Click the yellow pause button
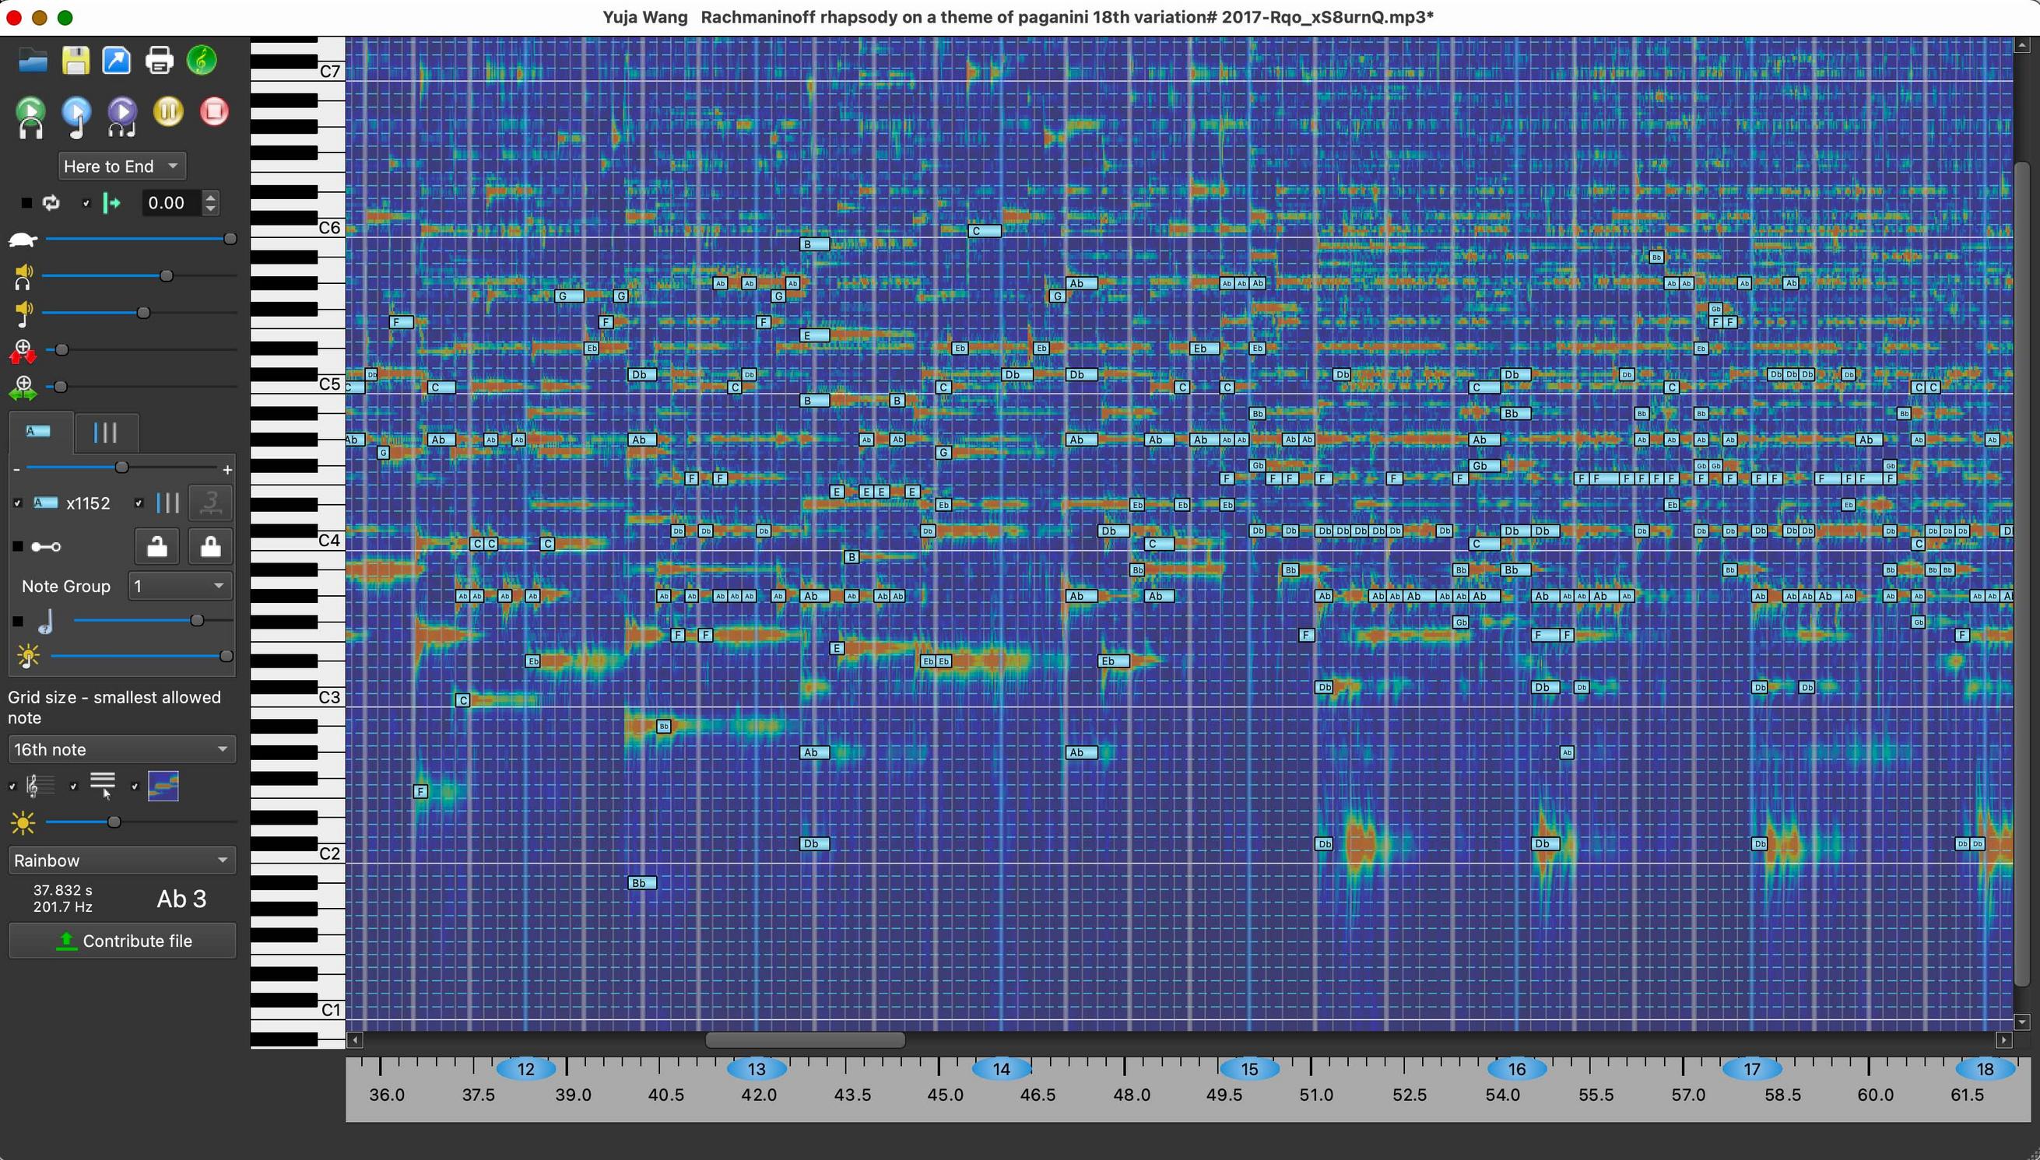pos(168,111)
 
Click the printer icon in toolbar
pos(160,61)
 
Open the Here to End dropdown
pos(121,166)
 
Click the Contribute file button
pos(123,941)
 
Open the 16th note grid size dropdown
pos(121,749)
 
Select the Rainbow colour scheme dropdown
pos(121,860)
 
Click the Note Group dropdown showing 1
pos(180,586)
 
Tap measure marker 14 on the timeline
pos(1001,1068)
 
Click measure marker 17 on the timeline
pos(1750,1068)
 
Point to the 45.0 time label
pos(944,1095)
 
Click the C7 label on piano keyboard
pos(330,71)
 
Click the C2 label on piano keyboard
pos(330,853)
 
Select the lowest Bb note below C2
pos(641,883)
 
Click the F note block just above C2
pos(421,791)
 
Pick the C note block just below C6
pos(984,231)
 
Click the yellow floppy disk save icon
pos(75,61)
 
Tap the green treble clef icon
pos(202,61)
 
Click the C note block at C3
pos(462,699)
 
